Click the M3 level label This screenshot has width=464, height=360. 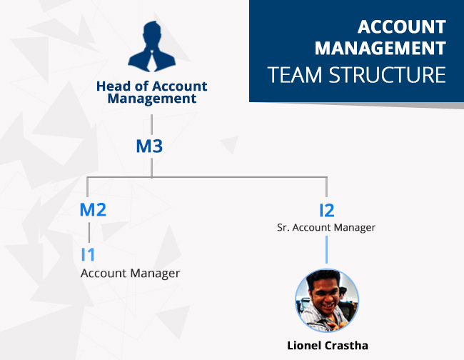tap(149, 146)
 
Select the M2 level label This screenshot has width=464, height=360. tap(93, 209)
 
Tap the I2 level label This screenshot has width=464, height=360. tap(327, 211)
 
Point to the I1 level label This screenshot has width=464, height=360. tap(88, 254)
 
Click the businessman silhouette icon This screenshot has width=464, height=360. tap(152, 46)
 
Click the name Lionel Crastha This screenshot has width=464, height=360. tap(328, 346)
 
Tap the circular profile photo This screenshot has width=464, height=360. tap(327, 301)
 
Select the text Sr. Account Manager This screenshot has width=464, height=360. tap(326, 227)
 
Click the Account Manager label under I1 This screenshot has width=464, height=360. tap(130, 274)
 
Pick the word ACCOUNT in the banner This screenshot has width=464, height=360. tap(402, 27)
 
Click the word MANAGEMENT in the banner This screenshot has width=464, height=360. tap(380, 48)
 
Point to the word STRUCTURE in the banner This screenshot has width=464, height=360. tap(388, 74)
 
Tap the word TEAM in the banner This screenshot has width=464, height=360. tap(294, 74)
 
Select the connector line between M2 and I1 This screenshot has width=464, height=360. tap(89, 232)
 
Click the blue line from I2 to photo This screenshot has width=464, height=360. tap(326, 249)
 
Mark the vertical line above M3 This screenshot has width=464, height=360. tap(152, 124)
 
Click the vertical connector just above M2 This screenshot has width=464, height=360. tap(87, 187)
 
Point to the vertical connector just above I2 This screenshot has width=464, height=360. tap(326, 187)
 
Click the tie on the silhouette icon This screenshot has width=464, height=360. tap(152, 61)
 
